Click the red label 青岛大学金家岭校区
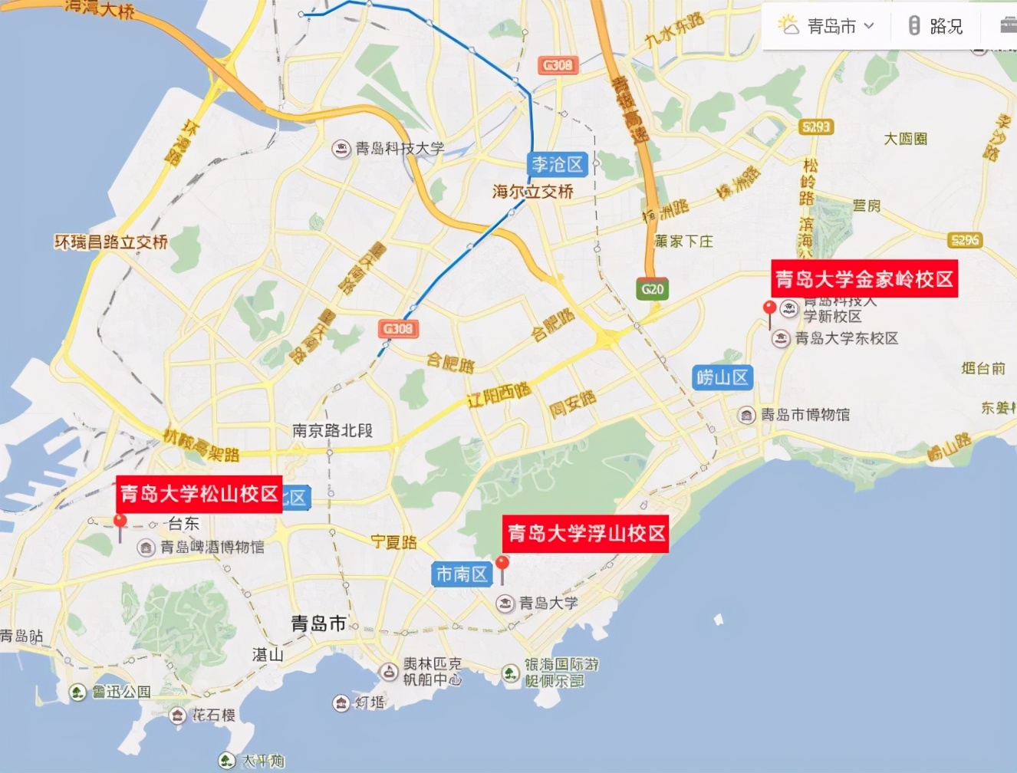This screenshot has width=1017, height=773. click(x=864, y=279)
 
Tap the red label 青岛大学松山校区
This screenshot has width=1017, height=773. click(x=199, y=494)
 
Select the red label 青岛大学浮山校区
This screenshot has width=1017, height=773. click(x=586, y=534)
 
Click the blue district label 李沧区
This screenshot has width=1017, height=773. click(x=558, y=164)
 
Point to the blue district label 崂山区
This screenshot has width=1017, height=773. click(x=722, y=377)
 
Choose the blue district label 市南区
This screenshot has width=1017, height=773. click(x=462, y=574)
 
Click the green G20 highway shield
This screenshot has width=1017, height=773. click(x=652, y=289)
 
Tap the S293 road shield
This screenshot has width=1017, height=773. click(x=815, y=127)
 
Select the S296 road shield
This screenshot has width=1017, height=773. click(x=964, y=240)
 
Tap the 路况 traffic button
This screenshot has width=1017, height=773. click(x=936, y=26)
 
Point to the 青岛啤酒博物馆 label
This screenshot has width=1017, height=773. click(x=212, y=547)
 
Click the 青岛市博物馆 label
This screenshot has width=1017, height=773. click(x=805, y=415)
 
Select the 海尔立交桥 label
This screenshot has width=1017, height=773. click(x=533, y=191)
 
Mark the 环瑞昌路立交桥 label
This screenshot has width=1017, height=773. click(x=111, y=242)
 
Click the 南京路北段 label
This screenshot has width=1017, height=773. click(x=332, y=431)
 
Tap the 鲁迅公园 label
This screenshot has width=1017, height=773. click(x=121, y=692)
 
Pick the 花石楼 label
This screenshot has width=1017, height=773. click(x=212, y=715)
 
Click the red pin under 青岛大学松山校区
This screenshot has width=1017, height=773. click(x=120, y=521)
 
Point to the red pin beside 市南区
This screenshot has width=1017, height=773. click(x=502, y=564)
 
